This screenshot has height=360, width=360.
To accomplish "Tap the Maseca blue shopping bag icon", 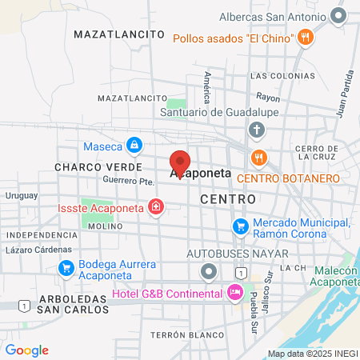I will tap(134, 146).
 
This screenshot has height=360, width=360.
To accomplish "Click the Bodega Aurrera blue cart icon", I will tap(66, 266).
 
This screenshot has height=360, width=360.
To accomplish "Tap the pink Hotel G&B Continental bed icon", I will tap(235, 294).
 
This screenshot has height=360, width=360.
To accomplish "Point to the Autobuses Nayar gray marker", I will tap(209, 271).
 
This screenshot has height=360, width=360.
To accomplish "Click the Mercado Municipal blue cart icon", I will tap(239, 226).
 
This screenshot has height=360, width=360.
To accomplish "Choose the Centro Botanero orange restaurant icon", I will tap(258, 157).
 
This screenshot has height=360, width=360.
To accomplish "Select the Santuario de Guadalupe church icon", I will tap(256, 130).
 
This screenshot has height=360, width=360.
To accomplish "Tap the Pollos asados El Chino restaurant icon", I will tap(306, 38).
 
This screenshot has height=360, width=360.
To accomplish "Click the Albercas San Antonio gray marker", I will tap(341, 16).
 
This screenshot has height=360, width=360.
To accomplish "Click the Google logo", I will tap(26, 350).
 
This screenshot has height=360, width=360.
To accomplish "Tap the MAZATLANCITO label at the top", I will tap(119, 35).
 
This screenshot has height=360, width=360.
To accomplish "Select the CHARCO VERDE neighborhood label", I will tap(86, 167).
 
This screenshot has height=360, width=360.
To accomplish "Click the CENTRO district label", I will tap(228, 198).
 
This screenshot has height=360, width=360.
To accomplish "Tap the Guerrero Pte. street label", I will tap(127, 182).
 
